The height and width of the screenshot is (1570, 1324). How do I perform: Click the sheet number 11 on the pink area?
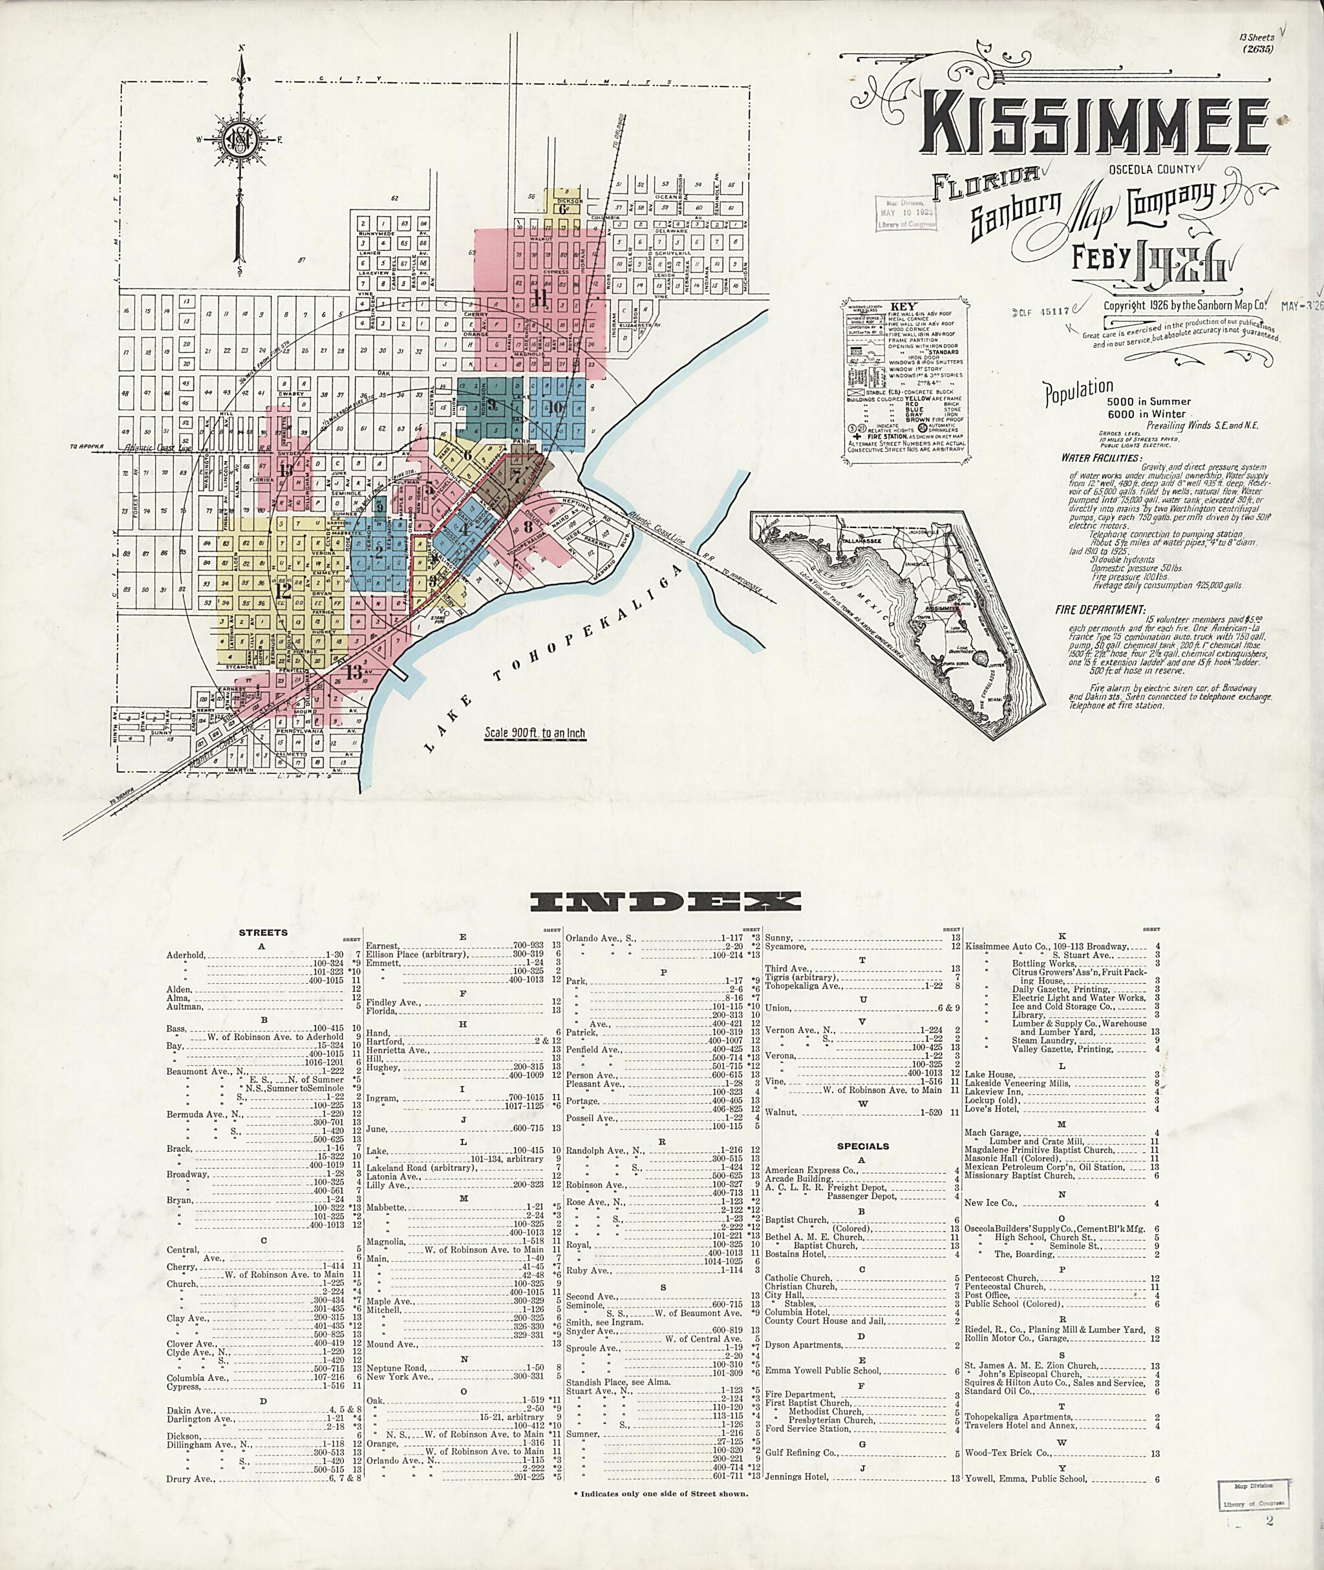539,298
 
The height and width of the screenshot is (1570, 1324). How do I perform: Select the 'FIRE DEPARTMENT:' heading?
1103,610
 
